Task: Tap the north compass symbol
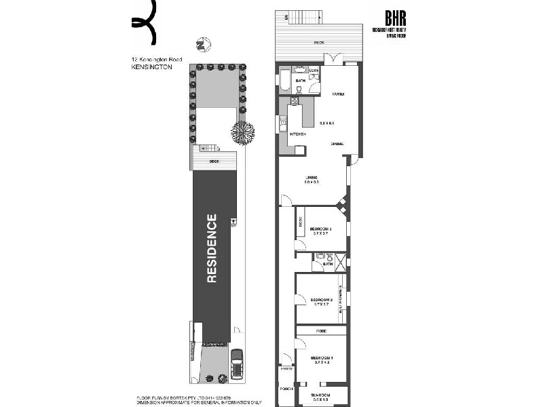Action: [x=202, y=45]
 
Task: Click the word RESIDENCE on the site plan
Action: [x=212, y=248]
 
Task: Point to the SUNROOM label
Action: [x=320, y=395]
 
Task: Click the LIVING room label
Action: [x=312, y=178]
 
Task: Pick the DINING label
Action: [x=337, y=144]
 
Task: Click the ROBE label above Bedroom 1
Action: [x=320, y=330]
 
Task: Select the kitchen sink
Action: [x=284, y=123]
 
